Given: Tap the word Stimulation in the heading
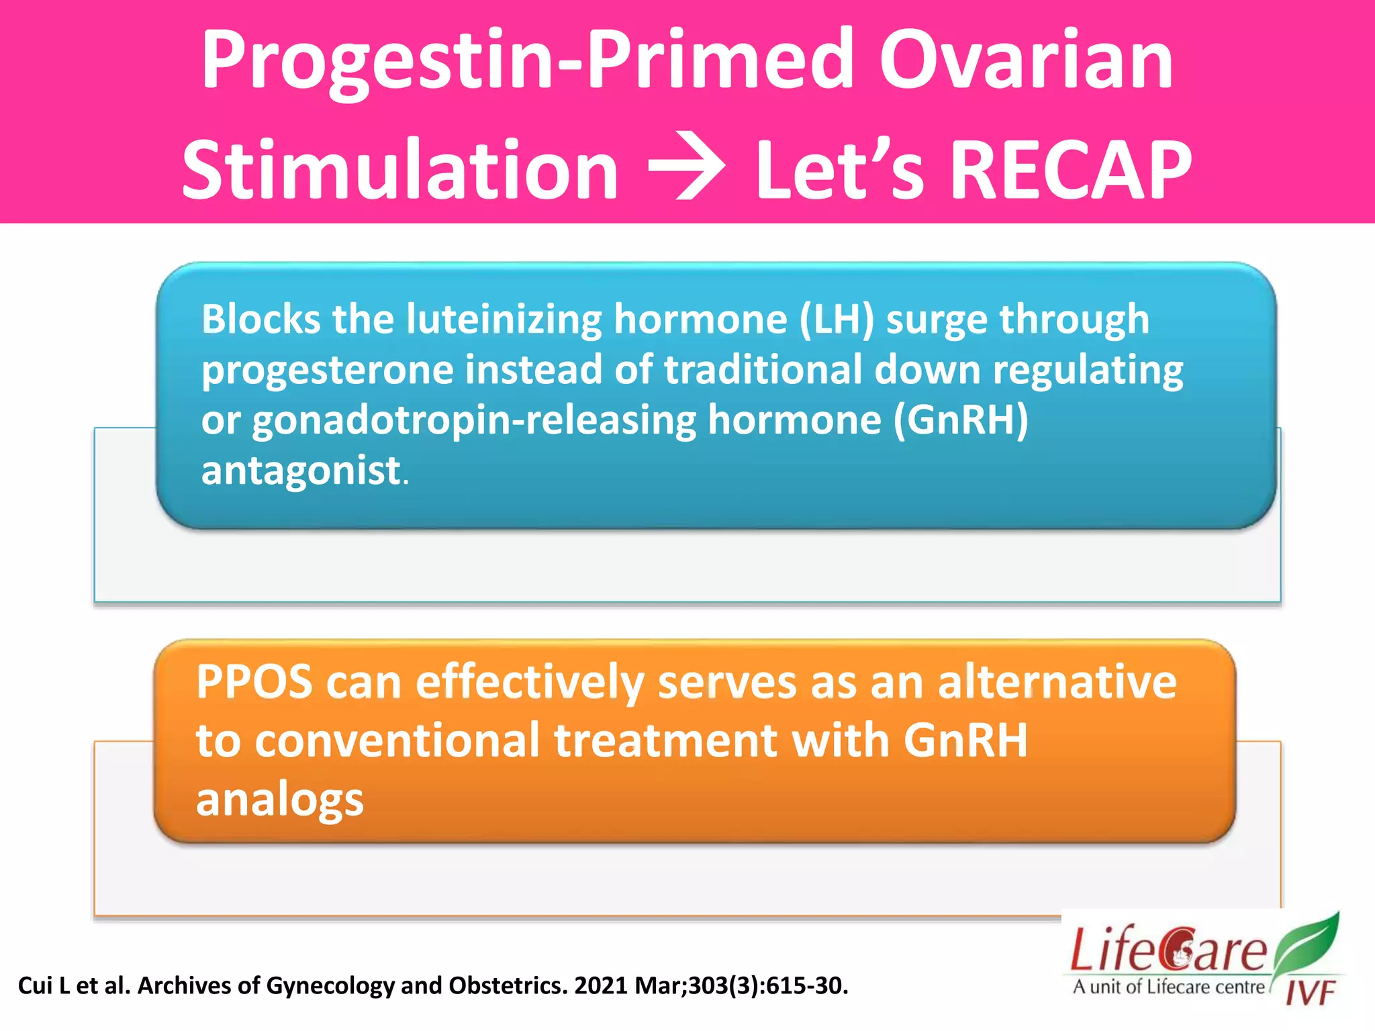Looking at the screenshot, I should coord(400,171).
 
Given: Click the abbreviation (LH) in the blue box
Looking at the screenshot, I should coord(837,319).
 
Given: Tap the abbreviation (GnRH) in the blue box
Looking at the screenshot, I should coord(960,420).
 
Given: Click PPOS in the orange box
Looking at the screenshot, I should coord(254,683).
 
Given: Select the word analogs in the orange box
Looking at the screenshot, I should coord(279,800).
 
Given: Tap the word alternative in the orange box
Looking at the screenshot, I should coord(1056,683).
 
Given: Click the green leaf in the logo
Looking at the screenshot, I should coord(1306,943).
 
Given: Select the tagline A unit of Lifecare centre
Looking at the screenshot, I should coord(1168,987).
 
